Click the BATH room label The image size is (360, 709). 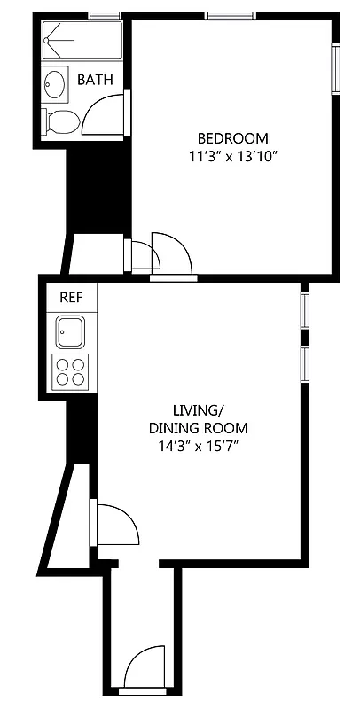tap(95, 80)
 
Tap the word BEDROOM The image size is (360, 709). tap(232, 138)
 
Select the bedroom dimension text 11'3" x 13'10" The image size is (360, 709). tap(232, 156)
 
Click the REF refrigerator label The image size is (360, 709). tap(71, 297)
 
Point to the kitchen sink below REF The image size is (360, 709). tap(71, 333)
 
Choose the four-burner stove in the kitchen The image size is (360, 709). tap(71, 370)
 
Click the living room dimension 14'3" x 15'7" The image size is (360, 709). tap(197, 447)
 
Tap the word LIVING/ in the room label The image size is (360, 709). tap(197, 410)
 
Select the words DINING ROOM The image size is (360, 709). tap(197, 428)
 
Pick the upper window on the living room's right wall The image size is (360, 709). tap(303, 310)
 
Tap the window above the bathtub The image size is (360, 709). tap(106, 15)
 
